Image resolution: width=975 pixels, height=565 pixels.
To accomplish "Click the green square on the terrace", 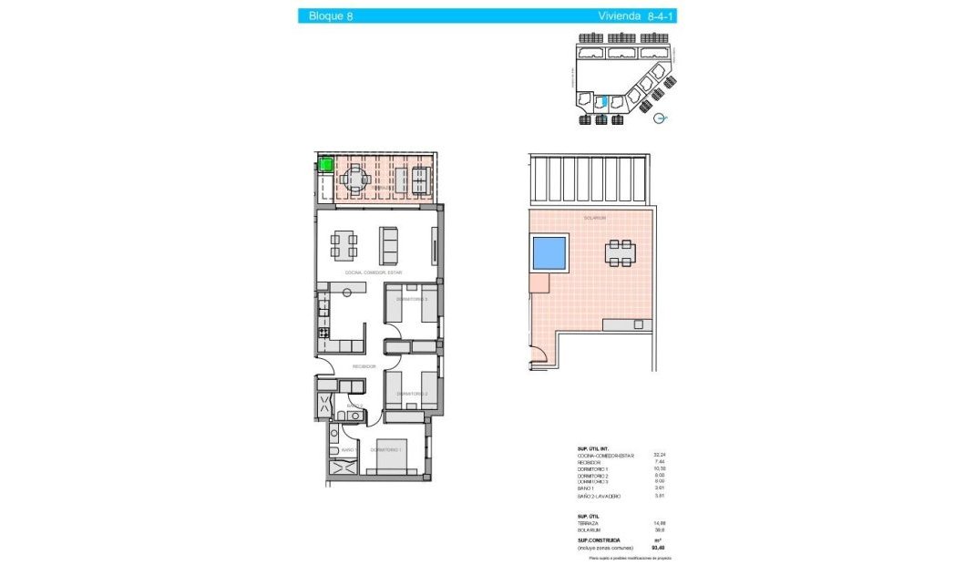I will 324,165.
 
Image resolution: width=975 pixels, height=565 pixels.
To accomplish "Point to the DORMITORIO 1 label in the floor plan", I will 387,449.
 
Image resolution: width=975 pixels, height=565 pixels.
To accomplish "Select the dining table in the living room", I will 344,244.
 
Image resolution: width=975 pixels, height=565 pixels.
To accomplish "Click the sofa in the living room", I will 389,243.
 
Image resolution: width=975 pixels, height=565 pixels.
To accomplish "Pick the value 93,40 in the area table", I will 660,548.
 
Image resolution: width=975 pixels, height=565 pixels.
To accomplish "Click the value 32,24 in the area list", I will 660,455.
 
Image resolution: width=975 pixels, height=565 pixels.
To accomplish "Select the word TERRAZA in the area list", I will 590,523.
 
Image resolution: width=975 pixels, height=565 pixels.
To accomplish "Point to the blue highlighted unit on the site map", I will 601,102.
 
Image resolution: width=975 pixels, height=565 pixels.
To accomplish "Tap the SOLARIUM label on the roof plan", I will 595,218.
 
